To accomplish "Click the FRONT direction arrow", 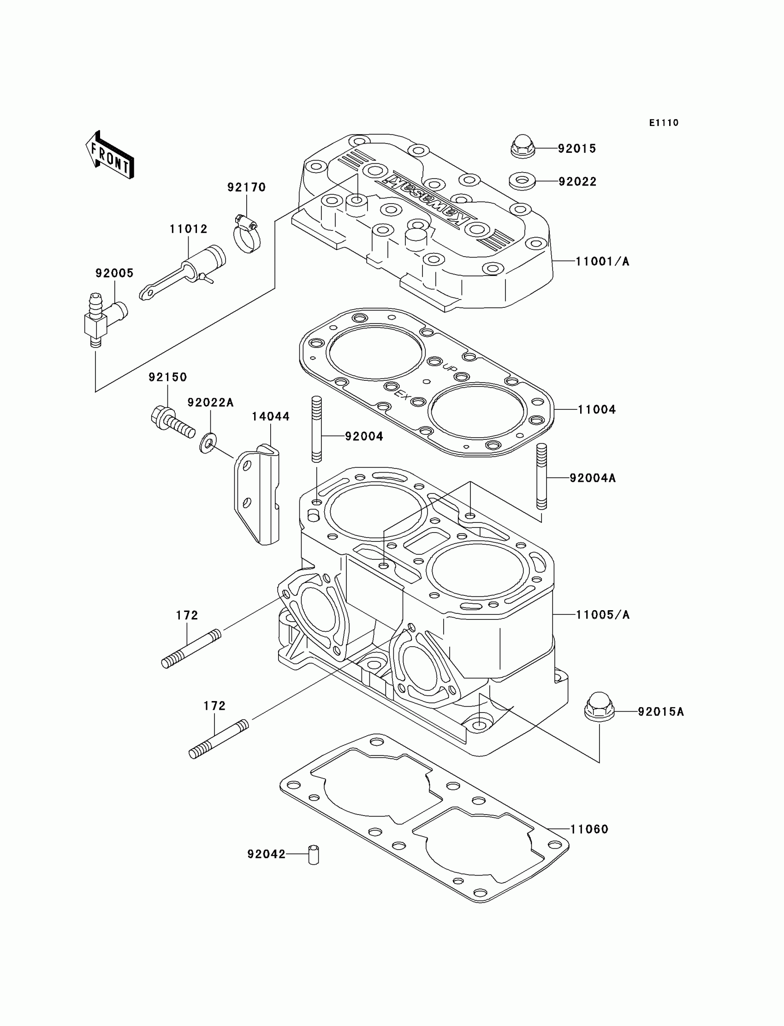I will pos(110,156).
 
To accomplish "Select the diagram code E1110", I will pos(664,123).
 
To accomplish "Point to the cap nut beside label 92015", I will pos(522,147).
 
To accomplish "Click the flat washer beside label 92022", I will pos(522,181).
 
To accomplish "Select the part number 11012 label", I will pos(188,229).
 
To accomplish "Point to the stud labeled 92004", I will pos(316,429).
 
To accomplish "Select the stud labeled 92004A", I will pos(541,476).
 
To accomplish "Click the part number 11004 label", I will pos(596,409).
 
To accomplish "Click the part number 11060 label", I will pos(589,829).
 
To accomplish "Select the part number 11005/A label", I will pos(602,615).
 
